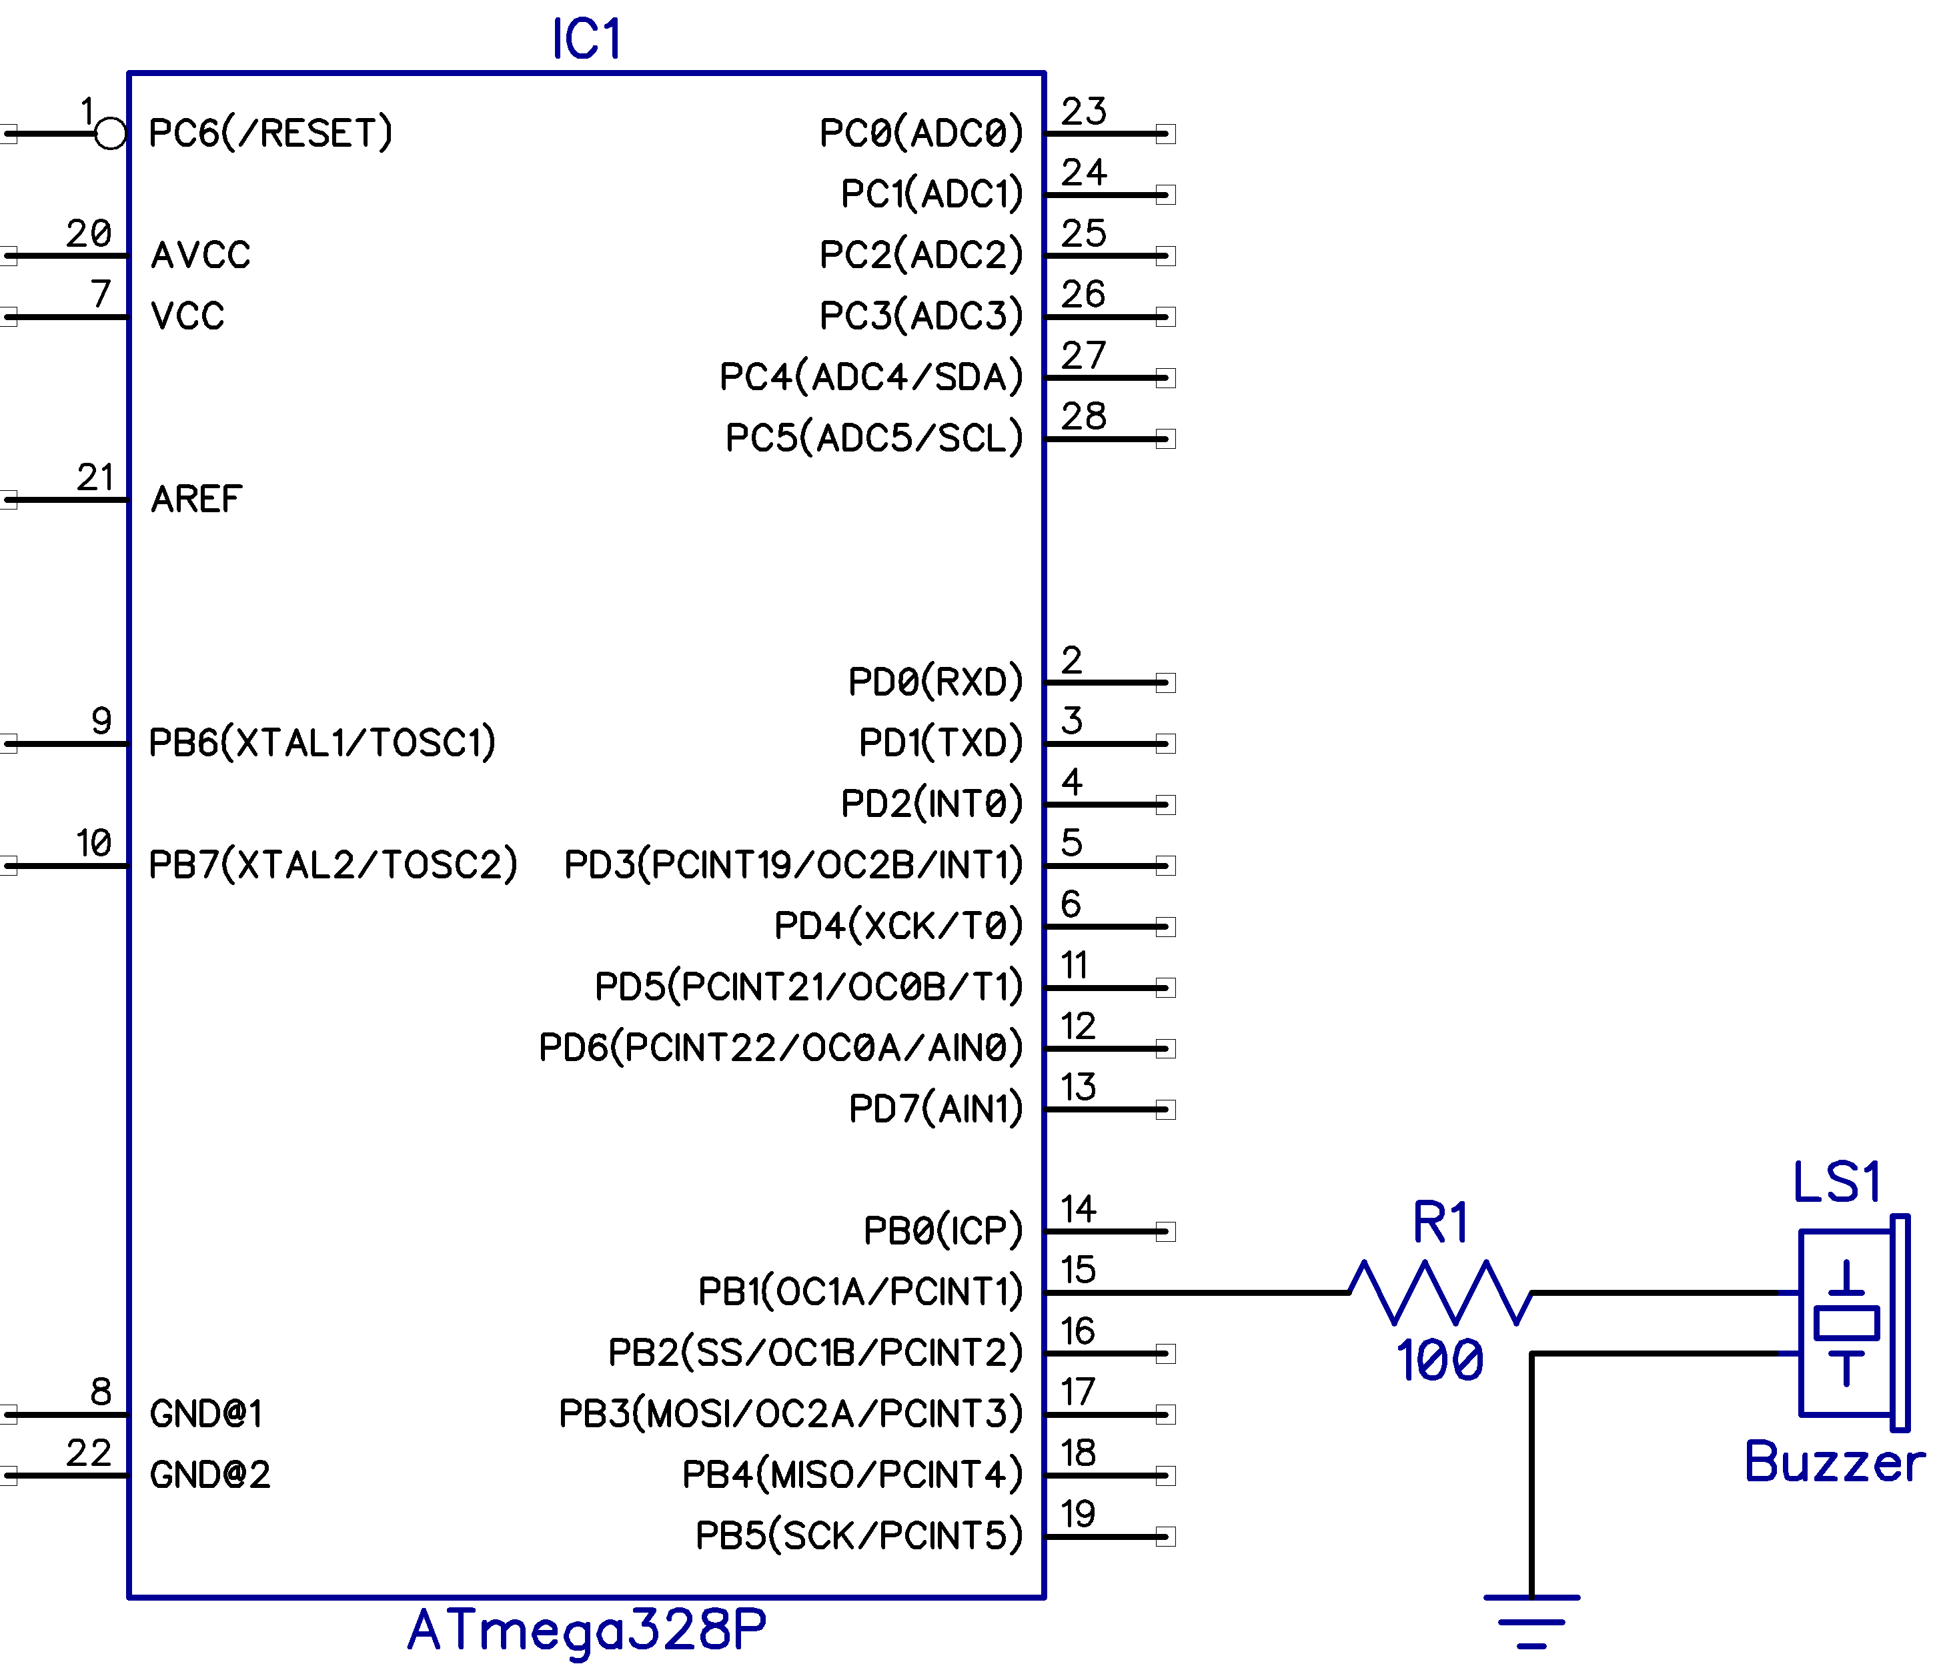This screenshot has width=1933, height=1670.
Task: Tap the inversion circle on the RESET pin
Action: coord(110,133)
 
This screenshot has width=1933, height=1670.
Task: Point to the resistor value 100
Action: coord(1439,1361)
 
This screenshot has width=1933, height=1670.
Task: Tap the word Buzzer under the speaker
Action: coord(1833,1462)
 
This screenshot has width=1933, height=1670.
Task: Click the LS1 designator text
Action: coord(1836,1183)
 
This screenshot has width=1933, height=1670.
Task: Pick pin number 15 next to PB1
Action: coord(1077,1270)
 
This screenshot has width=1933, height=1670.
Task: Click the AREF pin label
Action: coord(196,499)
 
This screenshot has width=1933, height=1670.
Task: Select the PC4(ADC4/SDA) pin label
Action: coord(870,377)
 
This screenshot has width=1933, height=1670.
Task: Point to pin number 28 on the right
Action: coord(1083,416)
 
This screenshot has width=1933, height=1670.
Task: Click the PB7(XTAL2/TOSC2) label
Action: coord(332,865)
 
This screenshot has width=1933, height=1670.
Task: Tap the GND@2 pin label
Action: coord(210,1475)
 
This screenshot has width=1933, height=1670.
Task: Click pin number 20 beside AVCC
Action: coord(89,233)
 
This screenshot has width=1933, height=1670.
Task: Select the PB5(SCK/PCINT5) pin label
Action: coord(858,1536)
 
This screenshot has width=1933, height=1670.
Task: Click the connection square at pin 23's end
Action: coord(1165,133)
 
